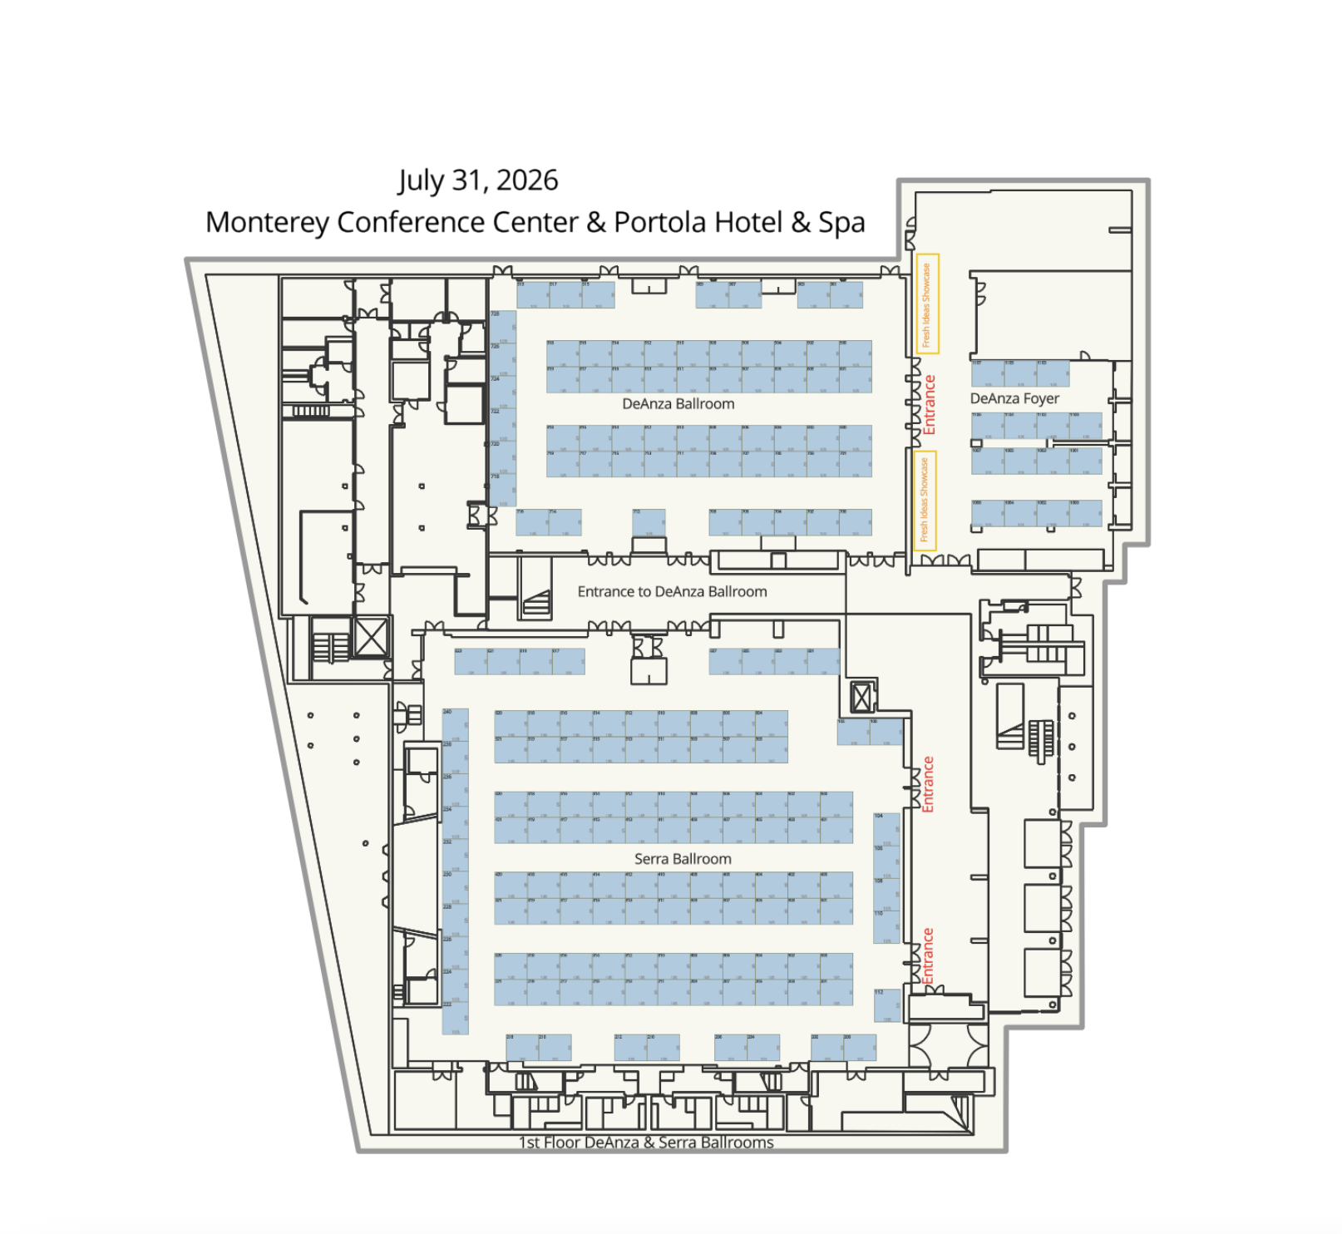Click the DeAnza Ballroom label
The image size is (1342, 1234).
coord(678,404)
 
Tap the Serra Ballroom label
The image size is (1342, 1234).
coord(683,859)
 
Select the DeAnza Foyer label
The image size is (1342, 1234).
coord(1014,399)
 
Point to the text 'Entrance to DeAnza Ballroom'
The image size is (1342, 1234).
coord(672,592)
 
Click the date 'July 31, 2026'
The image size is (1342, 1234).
coord(478,180)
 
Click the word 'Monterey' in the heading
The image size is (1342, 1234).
coord(266,223)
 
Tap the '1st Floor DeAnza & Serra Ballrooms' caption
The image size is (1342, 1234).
coord(646,1143)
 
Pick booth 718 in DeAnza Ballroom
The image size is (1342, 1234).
coord(502,490)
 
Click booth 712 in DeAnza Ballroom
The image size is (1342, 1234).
coord(649,522)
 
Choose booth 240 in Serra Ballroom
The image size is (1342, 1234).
coord(455,724)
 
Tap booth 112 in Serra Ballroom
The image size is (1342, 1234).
coord(886,1005)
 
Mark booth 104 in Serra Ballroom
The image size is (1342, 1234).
coord(886,829)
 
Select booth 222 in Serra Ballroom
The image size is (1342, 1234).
coord(455,1018)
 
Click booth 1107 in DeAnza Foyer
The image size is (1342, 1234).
coord(987,373)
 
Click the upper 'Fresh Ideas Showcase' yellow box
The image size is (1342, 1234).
coord(927,304)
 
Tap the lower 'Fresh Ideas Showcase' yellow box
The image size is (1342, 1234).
coord(925,501)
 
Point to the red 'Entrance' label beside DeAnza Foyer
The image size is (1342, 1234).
coord(930,405)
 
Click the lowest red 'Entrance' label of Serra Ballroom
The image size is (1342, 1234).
coord(928,955)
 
